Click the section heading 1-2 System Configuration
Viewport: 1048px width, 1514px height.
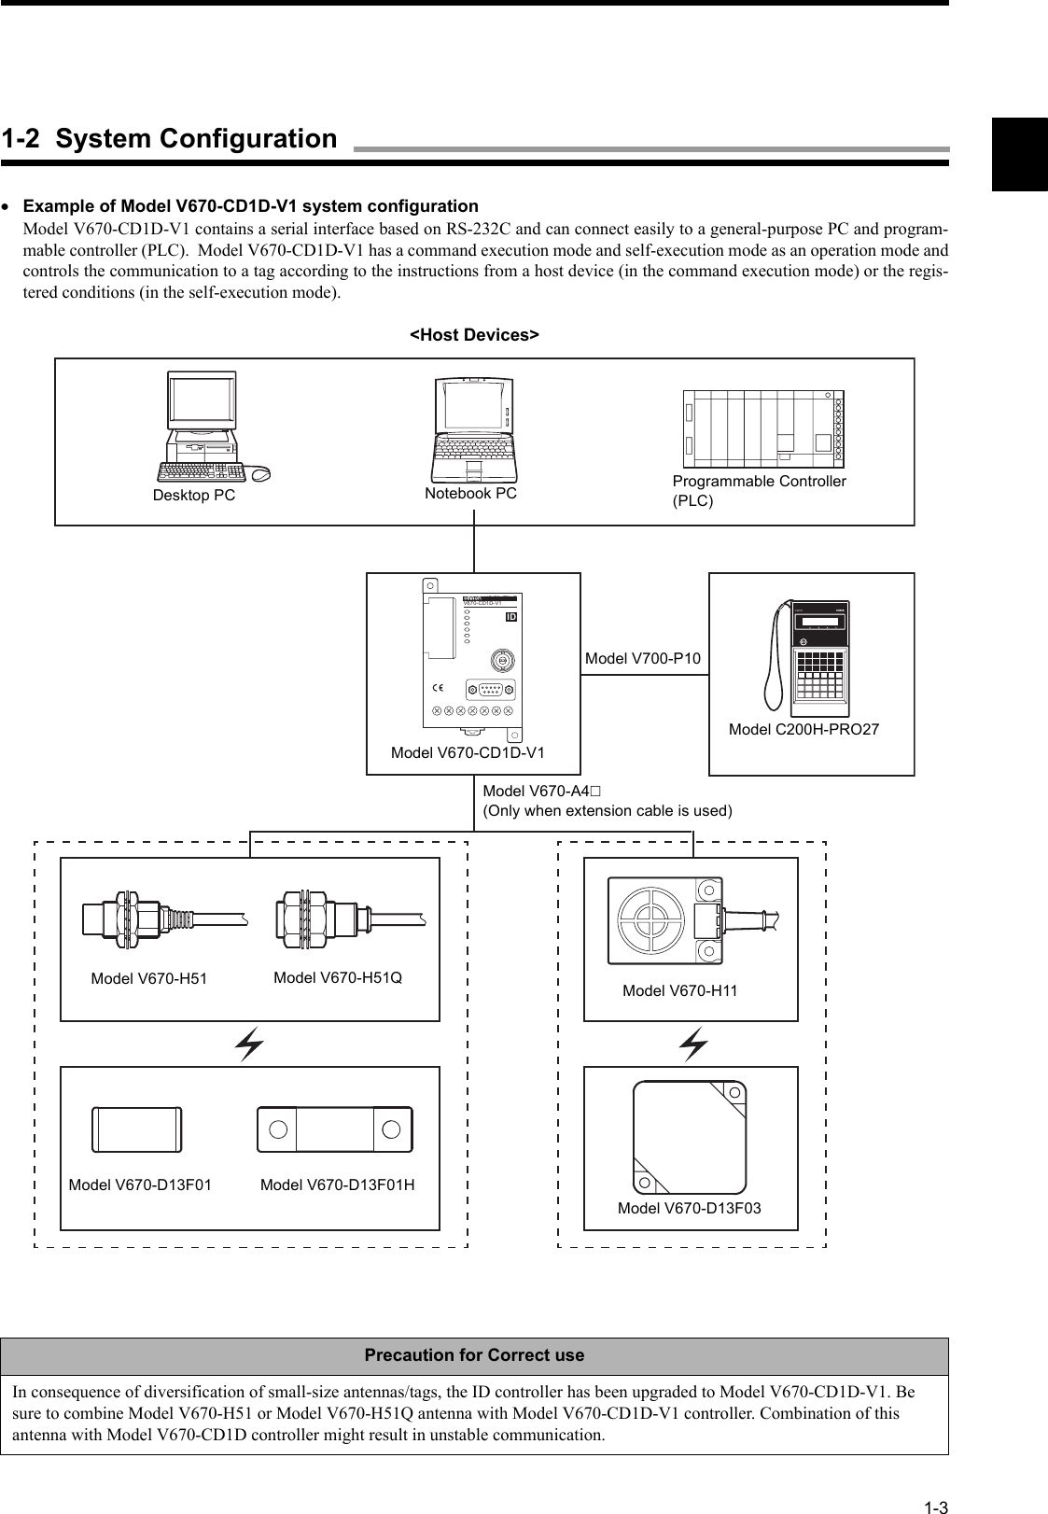169,139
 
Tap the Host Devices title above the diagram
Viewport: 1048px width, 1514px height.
475,334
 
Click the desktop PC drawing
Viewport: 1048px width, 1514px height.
208,428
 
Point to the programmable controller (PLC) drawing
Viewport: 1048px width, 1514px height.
763,428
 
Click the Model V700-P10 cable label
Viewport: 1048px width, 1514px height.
642,659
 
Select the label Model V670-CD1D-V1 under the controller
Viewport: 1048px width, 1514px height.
468,752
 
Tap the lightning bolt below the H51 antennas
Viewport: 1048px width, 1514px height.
249,1044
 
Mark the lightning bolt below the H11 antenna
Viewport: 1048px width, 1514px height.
692,1044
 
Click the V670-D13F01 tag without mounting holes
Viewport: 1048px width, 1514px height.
137,1129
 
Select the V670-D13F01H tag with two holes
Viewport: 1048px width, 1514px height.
334,1129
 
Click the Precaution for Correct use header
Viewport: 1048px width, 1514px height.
474,1354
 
